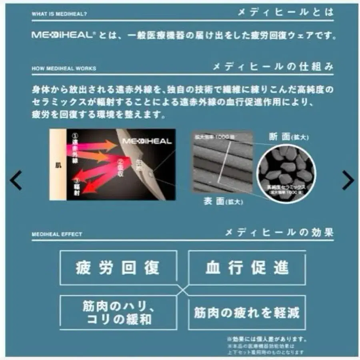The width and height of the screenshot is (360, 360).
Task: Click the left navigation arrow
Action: pyautogui.click(x=16, y=180)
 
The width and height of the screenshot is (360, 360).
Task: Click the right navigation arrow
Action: pyautogui.click(x=348, y=180)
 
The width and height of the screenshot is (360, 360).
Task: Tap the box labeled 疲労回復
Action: pyautogui.click(x=118, y=268)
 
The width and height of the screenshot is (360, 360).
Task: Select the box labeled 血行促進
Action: pyautogui.click(x=247, y=268)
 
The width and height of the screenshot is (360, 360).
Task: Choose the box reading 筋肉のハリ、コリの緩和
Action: pyautogui.click(x=118, y=312)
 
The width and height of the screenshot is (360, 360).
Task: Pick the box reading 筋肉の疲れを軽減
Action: pyautogui.click(x=247, y=312)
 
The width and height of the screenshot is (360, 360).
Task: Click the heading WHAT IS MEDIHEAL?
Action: pyautogui.click(x=59, y=14)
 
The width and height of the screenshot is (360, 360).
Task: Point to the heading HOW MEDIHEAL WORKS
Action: pyautogui.click(x=64, y=68)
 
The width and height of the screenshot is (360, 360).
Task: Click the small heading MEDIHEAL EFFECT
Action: pyautogui.click(x=57, y=234)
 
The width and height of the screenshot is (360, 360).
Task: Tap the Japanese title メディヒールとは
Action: pyautogui.click(x=285, y=12)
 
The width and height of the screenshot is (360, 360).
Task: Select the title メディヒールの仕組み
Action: pyautogui.click(x=274, y=66)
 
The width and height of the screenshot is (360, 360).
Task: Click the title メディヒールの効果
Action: pyautogui.click(x=279, y=232)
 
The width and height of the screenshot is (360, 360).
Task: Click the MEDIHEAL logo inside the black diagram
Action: pyautogui.click(x=146, y=141)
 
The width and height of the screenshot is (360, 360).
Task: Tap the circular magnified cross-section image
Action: pyautogui.click(x=286, y=172)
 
